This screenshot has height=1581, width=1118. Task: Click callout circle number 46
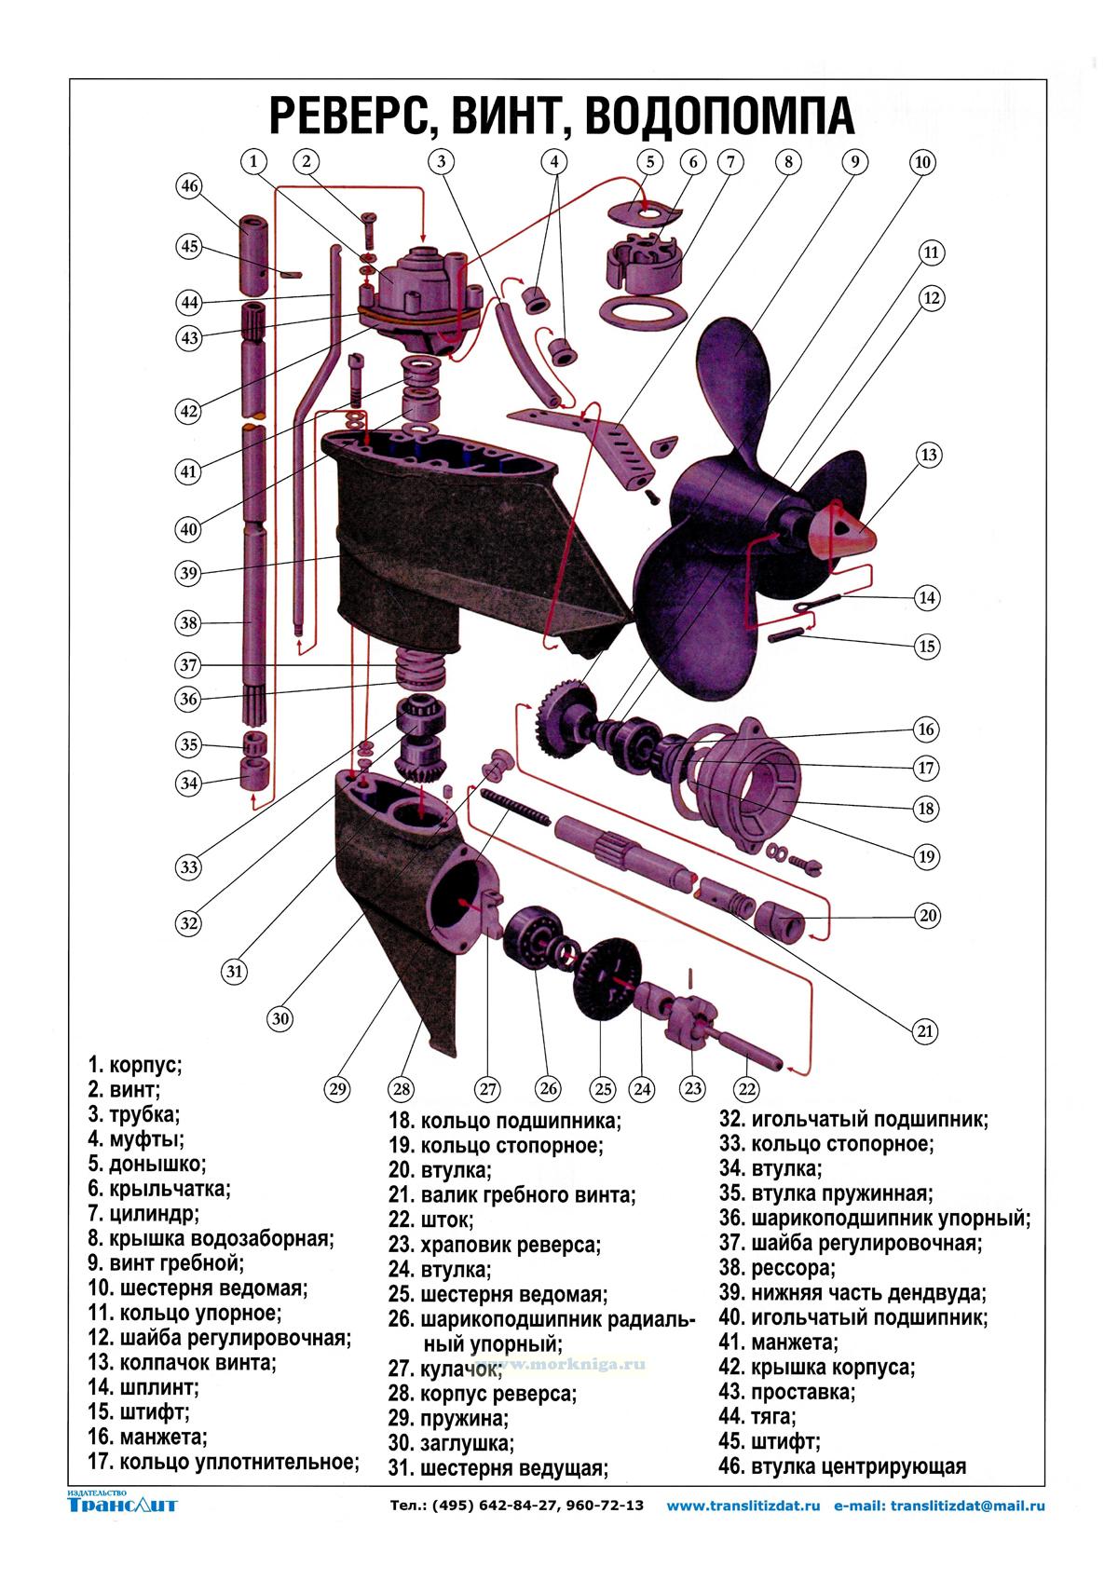pos(190,185)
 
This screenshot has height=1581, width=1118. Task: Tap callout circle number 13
pos(928,456)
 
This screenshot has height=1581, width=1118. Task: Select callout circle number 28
pos(402,1087)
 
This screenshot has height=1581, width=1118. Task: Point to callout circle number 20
pos(928,916)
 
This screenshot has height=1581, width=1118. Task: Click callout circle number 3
pos(442,161)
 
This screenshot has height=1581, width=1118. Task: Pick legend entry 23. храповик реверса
pos(495,1244)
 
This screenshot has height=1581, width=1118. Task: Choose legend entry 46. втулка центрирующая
pos(842,1466)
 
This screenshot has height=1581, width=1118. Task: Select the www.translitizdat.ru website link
pos(743,1506)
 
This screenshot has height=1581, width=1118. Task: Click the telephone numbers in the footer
pos(516,1506)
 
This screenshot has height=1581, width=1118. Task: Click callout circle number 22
pos(747,1087)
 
